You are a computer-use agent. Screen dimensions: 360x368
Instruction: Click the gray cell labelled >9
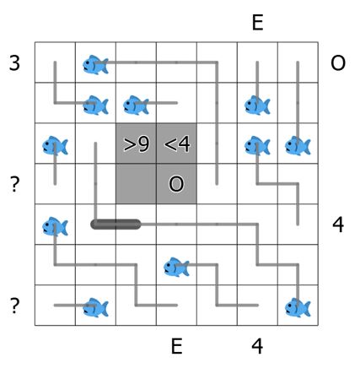136,143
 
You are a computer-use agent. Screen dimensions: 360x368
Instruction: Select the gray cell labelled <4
176,143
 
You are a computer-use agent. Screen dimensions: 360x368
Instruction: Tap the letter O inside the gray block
176,184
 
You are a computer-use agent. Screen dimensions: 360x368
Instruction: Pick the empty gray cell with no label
136,184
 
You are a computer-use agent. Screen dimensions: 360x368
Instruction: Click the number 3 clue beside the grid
14,62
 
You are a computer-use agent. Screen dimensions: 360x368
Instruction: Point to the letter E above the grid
257,23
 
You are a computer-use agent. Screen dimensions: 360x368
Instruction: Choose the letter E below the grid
176,346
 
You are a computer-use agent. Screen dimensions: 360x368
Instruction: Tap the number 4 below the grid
257,346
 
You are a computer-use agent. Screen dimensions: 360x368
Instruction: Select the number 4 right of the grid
338,225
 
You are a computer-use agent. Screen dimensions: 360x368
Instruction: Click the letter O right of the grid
338,62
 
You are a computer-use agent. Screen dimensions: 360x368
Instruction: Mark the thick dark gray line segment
116,225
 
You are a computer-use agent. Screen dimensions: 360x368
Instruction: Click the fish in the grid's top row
95,65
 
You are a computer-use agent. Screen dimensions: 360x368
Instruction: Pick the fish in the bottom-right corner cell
298,307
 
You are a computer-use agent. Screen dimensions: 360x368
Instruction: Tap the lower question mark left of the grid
14,306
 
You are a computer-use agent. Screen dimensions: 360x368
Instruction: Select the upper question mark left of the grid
14,184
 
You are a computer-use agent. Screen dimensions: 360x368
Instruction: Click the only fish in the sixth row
176,267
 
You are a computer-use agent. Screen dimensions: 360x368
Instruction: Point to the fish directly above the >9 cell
136,106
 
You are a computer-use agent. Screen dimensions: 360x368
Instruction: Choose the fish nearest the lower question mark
95,307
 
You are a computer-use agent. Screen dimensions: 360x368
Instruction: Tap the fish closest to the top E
257,106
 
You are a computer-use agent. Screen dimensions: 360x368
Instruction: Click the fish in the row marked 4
55,226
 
